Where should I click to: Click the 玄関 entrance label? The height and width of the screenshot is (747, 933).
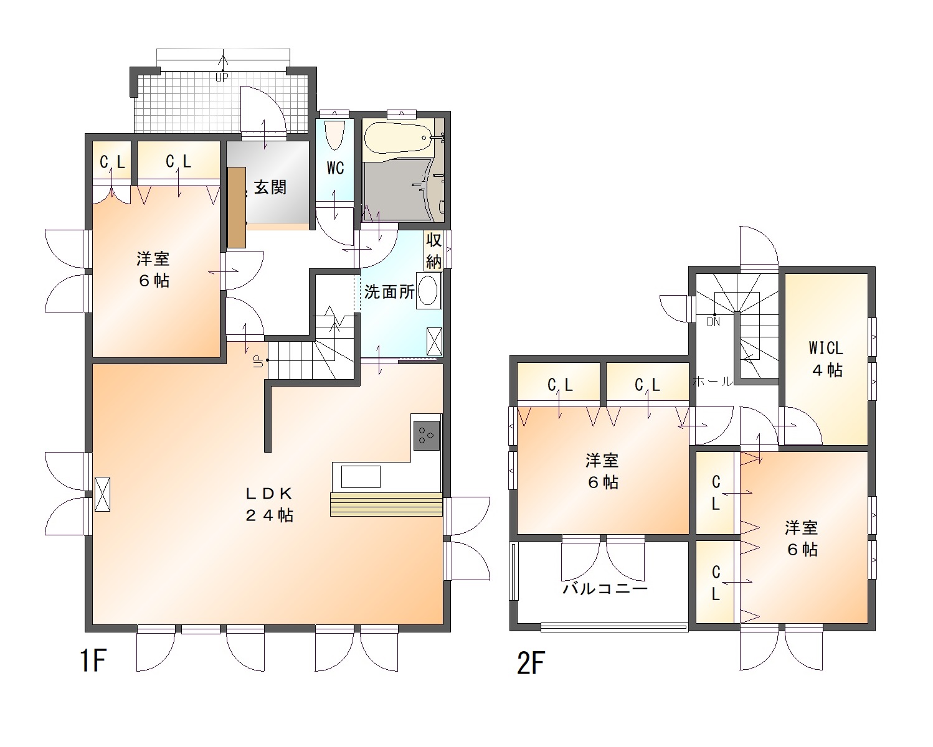[270, 187]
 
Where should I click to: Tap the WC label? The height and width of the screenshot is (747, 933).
[335, 167]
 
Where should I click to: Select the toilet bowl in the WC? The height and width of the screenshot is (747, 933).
[334, 134]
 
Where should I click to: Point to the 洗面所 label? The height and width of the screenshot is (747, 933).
[389, 291]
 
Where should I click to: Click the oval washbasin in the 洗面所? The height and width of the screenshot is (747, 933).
[429, 290]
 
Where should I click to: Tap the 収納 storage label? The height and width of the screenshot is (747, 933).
[433, 250]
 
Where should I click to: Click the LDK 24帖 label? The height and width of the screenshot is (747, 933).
[270, 504]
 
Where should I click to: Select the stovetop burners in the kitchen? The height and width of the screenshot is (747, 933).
[427, 435]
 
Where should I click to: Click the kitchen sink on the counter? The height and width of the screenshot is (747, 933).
[361, 477]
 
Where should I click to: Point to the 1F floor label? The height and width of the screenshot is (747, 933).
[93, 660]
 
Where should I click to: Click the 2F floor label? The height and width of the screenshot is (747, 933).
[531, 663]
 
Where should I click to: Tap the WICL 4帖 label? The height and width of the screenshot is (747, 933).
[826, 359]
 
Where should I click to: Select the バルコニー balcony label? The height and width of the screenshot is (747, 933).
[605, 588]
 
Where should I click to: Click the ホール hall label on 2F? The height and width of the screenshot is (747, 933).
[713, 382]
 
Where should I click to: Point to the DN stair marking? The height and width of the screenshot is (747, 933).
[713, 322]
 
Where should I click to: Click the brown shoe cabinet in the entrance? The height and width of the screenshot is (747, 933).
[237, 207]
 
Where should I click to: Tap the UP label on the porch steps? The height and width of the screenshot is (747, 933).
[222, 78]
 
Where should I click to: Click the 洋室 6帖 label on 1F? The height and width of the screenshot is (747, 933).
[153, 270]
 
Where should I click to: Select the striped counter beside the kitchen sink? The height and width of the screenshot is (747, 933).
[386, 504]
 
